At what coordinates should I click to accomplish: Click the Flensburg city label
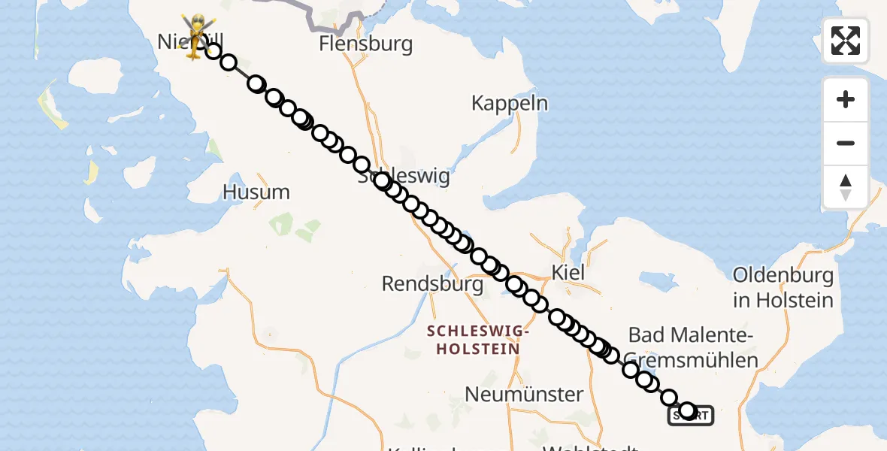tap(365, 44)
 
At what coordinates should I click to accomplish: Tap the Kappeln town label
tap(510, 103)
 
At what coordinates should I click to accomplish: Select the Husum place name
tap(256, 192)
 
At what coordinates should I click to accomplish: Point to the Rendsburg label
tap(432, 284)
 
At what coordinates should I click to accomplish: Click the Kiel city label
tap(568, 272)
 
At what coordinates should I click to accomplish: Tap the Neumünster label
tap(524, 394)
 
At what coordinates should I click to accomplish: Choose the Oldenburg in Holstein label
tap(783, 288)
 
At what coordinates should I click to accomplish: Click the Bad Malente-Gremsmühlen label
tap(692, 347)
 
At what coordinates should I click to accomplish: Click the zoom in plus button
tap(846, 99)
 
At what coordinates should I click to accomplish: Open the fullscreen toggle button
tap(846, 41)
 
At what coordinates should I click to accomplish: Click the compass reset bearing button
tap(846, 187)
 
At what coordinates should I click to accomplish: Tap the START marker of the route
tap(691, 416)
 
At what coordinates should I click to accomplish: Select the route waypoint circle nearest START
tap(687, 410)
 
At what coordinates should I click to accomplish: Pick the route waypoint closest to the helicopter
tap(213, 51)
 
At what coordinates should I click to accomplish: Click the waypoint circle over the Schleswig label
tap(382, 180)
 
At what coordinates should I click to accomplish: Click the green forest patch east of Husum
tap(281, 222)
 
